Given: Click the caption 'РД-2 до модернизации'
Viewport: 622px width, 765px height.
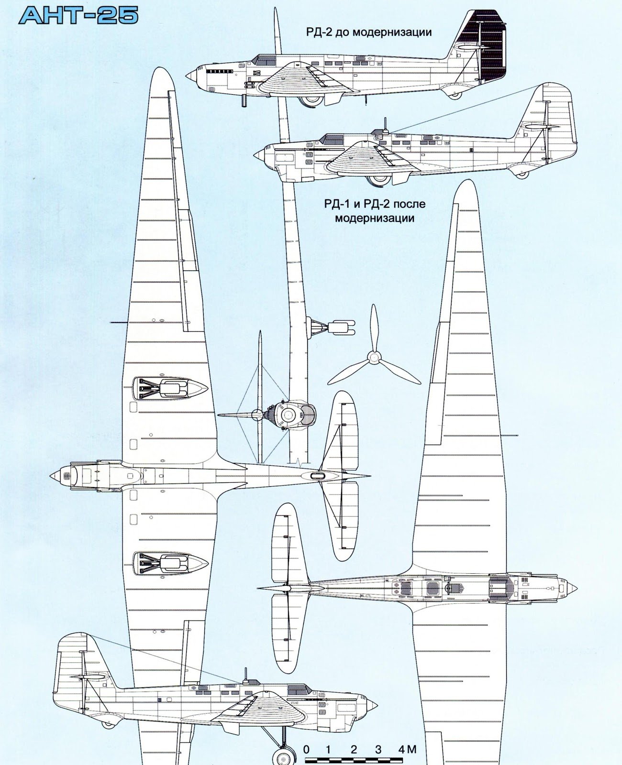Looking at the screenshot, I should coord(369,33).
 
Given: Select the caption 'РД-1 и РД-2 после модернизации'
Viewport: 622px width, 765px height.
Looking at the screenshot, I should coord(374,211).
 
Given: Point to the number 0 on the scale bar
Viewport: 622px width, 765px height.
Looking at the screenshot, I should coord(307,749).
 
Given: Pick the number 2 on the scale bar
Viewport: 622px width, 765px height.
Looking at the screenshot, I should coord(354,749).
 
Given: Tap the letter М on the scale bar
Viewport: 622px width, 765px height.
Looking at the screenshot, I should coord(411,749).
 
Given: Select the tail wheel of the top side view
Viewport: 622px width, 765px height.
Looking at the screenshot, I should coord(456,95).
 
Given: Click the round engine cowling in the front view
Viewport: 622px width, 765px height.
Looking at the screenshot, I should coord(289,415).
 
